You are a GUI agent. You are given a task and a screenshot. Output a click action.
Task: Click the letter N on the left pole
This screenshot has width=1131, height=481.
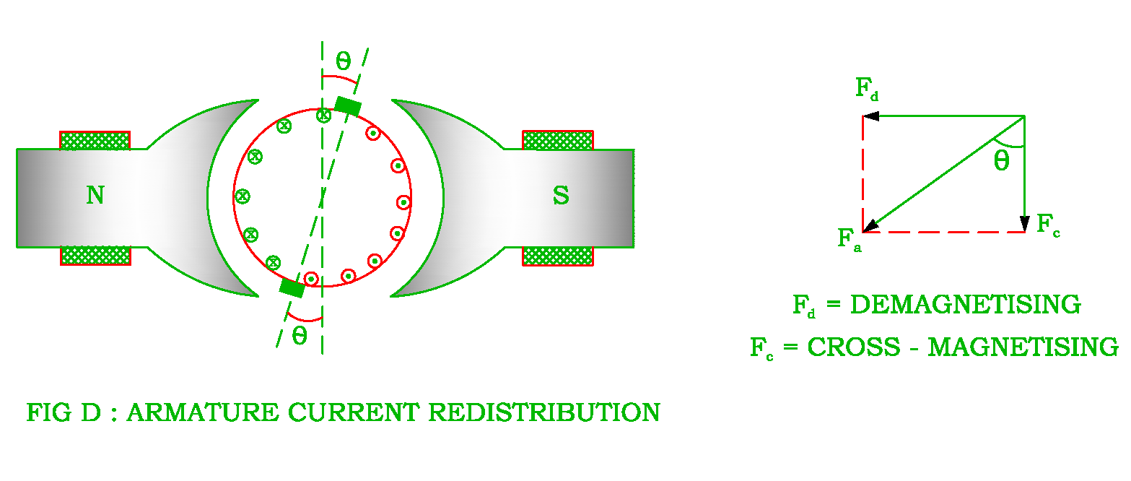click(x=95, y=195)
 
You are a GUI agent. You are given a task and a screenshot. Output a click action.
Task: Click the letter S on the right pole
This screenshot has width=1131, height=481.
click(x=561, y=196)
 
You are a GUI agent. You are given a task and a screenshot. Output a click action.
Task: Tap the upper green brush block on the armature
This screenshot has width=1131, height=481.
click(x=347, y=105)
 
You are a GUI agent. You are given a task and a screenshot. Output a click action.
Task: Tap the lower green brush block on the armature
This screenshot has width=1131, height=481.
click(x=292, y=288)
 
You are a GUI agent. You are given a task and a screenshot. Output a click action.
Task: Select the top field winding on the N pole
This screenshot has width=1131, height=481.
click(x=95, y=140)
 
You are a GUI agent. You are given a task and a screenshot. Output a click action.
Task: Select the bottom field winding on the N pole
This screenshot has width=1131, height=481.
click(x=95, y=256)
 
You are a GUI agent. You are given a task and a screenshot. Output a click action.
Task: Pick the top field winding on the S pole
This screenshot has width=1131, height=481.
click(x=557, y=140)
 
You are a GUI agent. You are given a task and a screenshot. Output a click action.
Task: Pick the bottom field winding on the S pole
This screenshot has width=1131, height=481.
click(x=557, y=256)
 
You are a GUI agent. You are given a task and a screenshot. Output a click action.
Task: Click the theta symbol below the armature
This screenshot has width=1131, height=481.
click(x=300, y=336)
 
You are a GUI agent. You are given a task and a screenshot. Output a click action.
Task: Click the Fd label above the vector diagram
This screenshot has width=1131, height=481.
click(x=867, y=89)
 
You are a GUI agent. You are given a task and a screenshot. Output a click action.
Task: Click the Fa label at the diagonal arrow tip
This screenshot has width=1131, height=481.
click(x=850, y=238)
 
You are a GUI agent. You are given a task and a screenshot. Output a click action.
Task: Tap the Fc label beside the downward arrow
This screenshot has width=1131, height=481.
click(x=1048, y=224)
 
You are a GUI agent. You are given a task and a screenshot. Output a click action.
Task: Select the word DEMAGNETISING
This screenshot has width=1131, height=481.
click(x=966, y=305)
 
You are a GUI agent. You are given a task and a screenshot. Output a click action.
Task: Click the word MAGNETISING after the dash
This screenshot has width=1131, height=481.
click(x=1023, y=347)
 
